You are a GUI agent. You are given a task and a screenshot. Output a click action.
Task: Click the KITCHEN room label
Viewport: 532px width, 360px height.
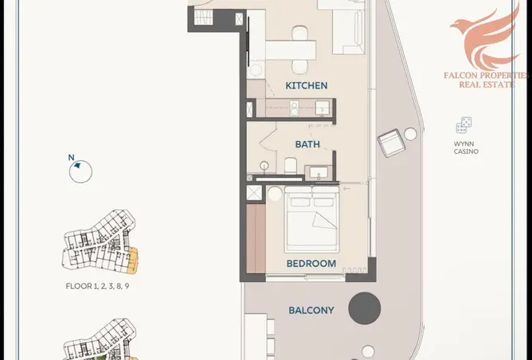(307, 85)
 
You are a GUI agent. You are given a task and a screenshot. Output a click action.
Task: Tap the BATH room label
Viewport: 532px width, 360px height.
(307, 144)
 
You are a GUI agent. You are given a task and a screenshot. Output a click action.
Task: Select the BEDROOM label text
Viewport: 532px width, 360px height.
(311, 264)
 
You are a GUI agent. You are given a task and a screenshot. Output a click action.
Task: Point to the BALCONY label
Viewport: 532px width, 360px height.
(311, 311)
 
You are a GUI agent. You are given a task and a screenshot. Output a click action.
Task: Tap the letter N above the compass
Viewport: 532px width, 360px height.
(71, 158)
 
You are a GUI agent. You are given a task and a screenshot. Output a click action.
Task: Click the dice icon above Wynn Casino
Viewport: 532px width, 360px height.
(464, 125)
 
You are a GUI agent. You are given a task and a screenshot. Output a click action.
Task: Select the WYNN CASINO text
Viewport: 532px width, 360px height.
(466, 147)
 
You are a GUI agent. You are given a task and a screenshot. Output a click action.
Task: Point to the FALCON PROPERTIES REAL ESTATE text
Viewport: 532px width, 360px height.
(486, 80)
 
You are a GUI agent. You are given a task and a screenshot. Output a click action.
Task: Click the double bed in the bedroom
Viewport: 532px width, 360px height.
(312, 219)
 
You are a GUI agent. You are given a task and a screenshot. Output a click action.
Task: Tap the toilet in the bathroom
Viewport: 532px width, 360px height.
(291, 166)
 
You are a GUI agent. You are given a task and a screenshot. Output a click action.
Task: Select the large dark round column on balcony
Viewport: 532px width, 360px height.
(365, 308)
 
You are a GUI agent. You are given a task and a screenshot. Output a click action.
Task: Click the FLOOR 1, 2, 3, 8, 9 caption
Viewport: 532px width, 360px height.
(97, 287)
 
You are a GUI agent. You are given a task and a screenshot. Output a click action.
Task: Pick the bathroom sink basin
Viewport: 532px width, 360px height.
(319, 172)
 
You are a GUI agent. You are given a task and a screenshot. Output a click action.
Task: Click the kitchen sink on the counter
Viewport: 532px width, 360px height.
(322, 108)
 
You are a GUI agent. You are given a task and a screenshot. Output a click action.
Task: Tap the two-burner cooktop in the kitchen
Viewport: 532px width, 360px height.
(294, 108)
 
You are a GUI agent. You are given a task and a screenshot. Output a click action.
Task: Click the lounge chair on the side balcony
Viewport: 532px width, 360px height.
(392, 143)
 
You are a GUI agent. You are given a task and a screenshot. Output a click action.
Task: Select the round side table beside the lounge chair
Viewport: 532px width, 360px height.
(410, 134)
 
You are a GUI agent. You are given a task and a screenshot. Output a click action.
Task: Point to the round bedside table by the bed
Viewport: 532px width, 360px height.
(275, 194)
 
